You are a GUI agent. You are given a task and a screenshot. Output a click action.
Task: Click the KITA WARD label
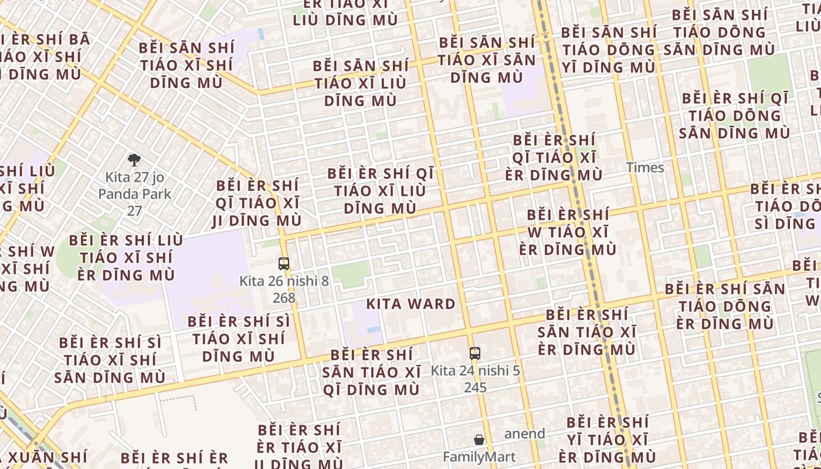410,304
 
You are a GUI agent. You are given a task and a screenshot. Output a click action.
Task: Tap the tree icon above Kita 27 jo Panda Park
134,159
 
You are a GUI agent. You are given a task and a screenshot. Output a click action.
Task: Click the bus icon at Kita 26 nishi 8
284,264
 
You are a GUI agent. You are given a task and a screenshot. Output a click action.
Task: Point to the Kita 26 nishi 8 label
284,281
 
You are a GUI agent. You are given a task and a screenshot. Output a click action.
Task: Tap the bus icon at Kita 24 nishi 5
475,354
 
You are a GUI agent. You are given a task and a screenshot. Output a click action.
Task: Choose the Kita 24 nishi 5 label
475,371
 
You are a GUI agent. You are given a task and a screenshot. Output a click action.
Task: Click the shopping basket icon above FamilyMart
479,440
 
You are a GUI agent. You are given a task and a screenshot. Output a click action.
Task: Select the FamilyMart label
479,457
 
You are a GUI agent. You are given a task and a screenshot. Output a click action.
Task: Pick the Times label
645,168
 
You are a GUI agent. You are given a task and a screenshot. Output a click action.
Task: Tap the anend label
525,434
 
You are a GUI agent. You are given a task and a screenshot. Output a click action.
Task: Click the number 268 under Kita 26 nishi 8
284,298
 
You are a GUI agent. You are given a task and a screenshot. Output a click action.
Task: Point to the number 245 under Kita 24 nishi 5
475,388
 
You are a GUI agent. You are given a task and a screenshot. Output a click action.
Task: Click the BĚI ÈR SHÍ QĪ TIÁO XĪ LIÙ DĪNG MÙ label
381,191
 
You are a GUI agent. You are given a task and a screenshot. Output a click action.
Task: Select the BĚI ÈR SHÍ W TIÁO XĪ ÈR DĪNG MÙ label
568,232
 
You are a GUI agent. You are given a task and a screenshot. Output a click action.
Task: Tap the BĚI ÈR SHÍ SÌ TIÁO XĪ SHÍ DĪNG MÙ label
239,338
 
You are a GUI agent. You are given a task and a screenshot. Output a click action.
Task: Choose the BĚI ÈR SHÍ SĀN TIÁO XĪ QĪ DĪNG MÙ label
371,372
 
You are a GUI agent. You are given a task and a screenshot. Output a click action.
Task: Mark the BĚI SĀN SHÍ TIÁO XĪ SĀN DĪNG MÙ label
487,60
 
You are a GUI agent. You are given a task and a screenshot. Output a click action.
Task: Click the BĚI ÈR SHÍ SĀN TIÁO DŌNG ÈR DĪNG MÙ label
725,305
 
